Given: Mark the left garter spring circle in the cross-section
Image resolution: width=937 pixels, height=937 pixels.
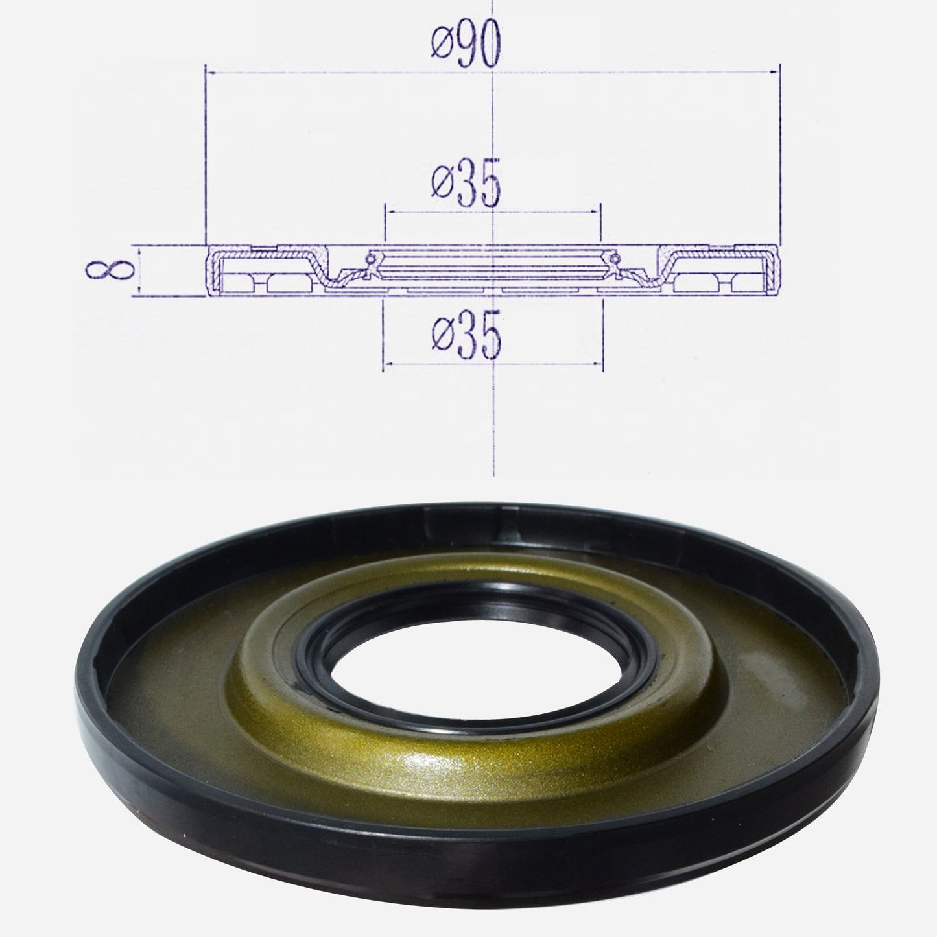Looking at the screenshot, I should [x=370, y=260].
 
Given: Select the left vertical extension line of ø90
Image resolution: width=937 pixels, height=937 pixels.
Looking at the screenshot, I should [x=206, y=156].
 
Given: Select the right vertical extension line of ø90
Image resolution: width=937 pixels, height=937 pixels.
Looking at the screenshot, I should [x=779, y=156].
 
